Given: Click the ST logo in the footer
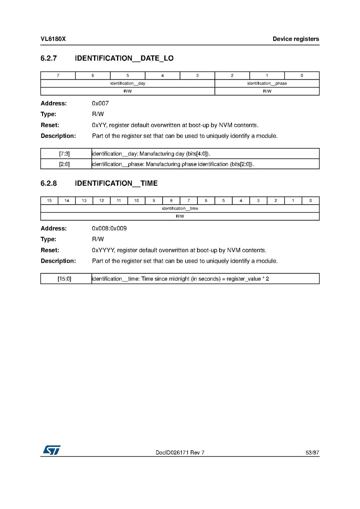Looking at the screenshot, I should pos(51,450).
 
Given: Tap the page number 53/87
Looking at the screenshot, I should pos(312,453).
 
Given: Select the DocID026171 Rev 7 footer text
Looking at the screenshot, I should pos(180,453).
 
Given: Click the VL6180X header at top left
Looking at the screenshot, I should pos(53,39).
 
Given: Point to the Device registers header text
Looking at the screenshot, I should pos(296,39).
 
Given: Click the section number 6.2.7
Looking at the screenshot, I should pos(49,58).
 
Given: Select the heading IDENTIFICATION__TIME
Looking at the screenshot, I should pos(116,183).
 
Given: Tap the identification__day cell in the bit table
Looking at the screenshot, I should pos(128,83).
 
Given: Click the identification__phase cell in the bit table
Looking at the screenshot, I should pos(267,83).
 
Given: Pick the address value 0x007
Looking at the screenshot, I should pos(100,103).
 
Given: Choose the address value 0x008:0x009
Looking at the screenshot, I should pos(109,228).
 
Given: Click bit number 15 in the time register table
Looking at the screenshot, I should pos(49,201).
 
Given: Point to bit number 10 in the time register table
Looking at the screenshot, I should pos(136,201).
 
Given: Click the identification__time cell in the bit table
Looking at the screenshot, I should pos(180,208).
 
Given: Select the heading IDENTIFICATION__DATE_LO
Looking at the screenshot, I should pos(124,58).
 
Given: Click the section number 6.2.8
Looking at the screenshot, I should pos(49,183).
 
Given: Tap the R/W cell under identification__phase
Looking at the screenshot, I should pos(267,91).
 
